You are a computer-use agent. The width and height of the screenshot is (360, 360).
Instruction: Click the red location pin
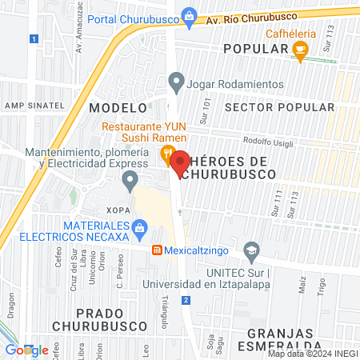pyautogui.click(x=180, y=162)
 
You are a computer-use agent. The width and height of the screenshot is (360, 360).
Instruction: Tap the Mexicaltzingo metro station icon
pyautogui.click(x=158, y=249)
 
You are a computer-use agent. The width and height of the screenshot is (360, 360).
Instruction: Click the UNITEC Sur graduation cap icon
pyautogui.click(x=252, y=251)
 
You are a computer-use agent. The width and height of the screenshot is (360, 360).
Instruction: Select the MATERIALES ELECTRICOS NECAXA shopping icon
pyautogui.click(x=141, y=229)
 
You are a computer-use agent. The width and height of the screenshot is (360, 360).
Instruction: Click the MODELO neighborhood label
pyautogui.click(x=118, y=106)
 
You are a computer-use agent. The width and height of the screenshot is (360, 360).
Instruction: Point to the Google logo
pyautogui.click(x=26, y=350)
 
